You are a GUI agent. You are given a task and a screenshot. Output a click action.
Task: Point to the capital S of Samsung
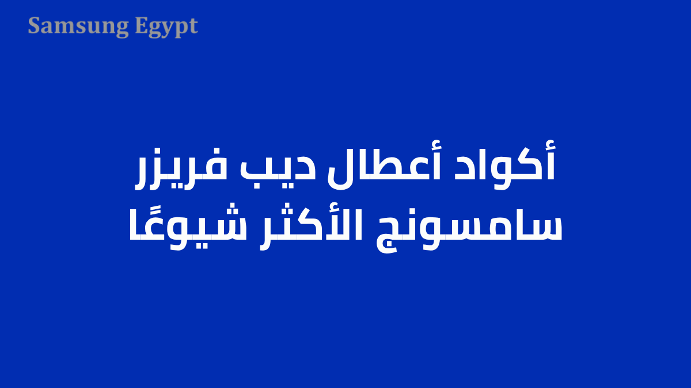[34, 26]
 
